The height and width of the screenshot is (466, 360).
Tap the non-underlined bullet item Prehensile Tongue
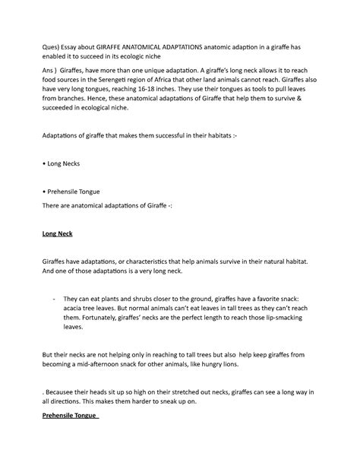(76, 191)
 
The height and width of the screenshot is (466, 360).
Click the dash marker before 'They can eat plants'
(55, 300)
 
